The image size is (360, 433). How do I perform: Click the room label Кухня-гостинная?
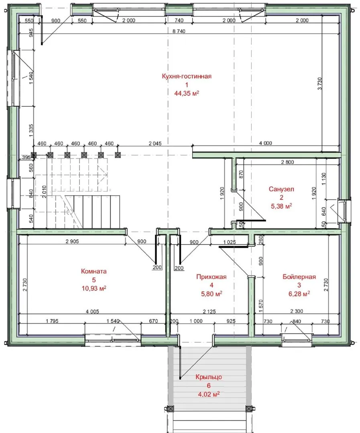pyautogui.click(x=187, y=77)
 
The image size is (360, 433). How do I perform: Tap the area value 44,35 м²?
pyautogui.click(x=187, y=93)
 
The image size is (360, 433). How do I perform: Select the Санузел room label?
pyautogui.click(x=281, y=189)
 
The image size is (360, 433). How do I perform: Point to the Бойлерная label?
pyautogui.click(x=299, y=277)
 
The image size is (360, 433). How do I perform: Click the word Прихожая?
pyautogui.click(x=212, y=277)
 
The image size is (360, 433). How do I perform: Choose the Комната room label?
pyautogui.click(x=94, y=271)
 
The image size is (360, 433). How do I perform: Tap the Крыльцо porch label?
pyautogui.click(x=209, y=377)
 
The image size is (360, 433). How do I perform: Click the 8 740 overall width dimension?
pyautogui.click(x=179, y=31)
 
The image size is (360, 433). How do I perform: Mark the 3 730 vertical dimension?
pyautogui.click(x=320, y=84)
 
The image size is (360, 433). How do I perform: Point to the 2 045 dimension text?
pyautogui.click(x=155, y=143)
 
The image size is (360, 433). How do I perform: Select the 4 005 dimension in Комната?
pyautogui.click(x=92, y=312)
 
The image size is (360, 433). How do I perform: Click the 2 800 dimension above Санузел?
pyautogui.click(x=287, y=162)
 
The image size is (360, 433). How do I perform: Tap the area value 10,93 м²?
pyautogui.click(x=94, y=288)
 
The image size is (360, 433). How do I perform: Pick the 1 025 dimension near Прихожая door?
pyautogui.click(x=230, y=242)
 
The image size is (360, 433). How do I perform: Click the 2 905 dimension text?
pyautogui.click(x=72, y=241)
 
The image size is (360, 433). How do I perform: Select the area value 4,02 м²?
pyautogui.click(x=209, y=394)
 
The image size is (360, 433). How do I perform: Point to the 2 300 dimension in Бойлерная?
pyautogui.click(x=297, y=311)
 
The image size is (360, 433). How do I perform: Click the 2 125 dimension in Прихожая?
pyautogui.click(x=209, y=312)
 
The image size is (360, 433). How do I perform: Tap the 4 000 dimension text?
pyautogui.click(x=265, y=143)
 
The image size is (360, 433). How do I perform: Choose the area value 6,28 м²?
pyautogui.click(x=299, y=294)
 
